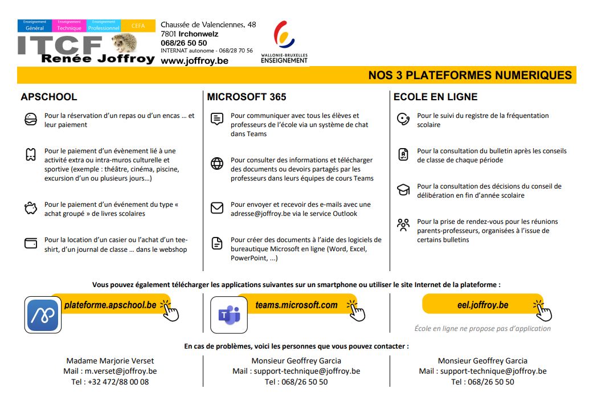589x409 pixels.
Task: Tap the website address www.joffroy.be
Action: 194,61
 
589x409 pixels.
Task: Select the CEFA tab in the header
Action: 138,26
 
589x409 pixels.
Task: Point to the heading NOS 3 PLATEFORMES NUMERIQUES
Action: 469,75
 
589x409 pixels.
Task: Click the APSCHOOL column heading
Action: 48,97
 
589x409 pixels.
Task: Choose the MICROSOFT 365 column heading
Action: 246,97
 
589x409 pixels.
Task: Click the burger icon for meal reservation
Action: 31,120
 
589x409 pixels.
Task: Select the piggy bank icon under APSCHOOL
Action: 31,208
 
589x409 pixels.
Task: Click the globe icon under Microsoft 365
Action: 217,164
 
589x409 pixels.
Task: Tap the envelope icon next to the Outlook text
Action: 217,208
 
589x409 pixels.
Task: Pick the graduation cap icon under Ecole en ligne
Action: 403,190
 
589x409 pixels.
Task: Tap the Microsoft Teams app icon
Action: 229,315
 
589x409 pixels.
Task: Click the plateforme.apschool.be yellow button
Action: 110,305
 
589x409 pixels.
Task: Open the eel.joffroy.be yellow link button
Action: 482,305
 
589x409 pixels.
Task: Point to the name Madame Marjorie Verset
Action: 110,361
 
